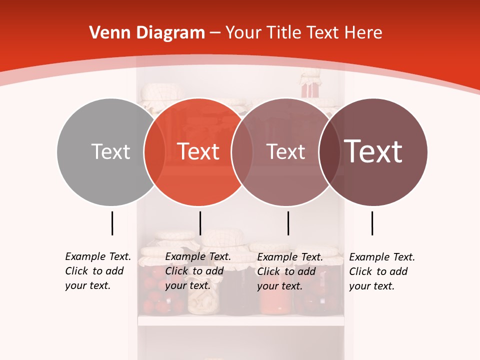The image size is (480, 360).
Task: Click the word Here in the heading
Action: (364, 33)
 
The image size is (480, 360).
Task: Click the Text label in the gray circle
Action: (110, 151)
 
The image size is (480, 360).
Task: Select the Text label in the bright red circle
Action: (198, 151)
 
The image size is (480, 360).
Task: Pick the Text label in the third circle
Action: (285, 151)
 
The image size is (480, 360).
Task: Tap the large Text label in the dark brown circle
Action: (373, 151)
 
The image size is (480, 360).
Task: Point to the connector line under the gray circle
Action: (112, 223)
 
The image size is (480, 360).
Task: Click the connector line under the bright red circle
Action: (200, 223)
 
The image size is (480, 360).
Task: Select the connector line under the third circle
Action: (288, 223)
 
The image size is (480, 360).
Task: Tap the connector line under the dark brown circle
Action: (372, 223)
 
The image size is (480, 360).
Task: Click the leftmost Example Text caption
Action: (97, 271)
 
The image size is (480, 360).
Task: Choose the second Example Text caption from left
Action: (197, 271)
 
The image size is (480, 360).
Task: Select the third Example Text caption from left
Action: (289, 271)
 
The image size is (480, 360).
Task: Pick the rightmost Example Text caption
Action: (381, 271)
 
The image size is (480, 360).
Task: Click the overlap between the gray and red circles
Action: (154, 151)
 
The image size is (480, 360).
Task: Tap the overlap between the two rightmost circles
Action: (330, 151)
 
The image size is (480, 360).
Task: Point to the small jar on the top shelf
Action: (310, 85)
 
